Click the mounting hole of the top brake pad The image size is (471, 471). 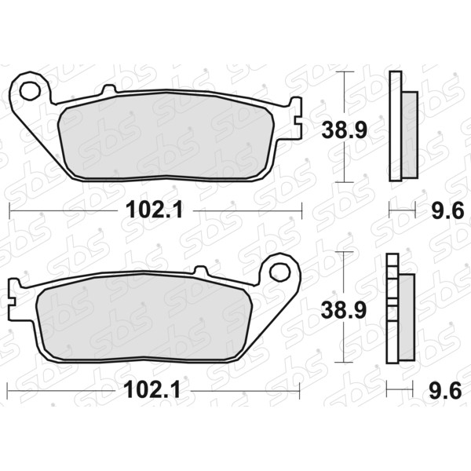point(30,90)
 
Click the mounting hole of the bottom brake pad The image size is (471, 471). point(280,272)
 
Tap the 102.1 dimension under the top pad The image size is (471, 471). point(155,210)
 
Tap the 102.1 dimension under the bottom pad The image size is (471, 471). point(152,389)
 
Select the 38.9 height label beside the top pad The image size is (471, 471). point(345,130)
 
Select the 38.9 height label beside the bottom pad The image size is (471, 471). point(344,310)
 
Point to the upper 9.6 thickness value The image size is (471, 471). point(448,210)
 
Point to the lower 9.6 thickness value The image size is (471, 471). point(445,390)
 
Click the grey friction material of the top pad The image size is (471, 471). point(166,136)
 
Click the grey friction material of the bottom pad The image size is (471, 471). point(144,317)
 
